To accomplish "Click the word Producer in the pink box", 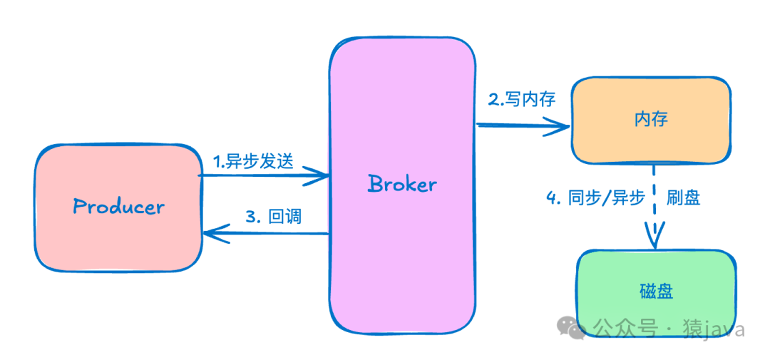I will click(x=118, y=207).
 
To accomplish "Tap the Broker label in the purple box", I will click(x=402, y=184).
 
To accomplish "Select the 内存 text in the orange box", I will click(x=650, y=118).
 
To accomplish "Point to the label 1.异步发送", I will click(x=253, y=161).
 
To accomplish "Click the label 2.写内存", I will click(x=521, y=99).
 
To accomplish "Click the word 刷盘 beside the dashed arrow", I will click(x=683, y=197).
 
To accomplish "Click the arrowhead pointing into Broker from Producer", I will click(x=319, y=175).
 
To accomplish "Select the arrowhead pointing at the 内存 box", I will click(x=562, y=128).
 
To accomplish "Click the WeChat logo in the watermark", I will click(x=573, y=329).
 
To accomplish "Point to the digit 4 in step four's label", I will click(x=551, y=198).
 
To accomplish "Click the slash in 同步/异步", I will click(x=606, y=197).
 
